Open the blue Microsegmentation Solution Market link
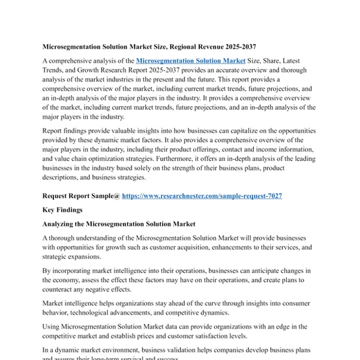point(191,61)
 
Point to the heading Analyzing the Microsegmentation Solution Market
point(119,224)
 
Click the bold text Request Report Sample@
point(81,196)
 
